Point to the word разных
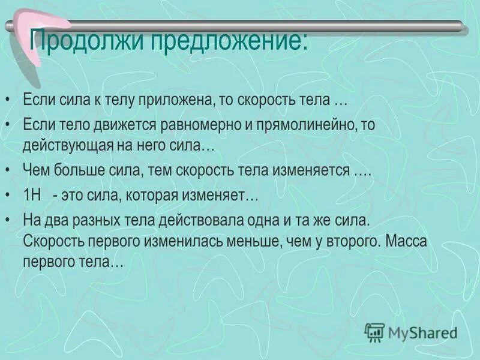(x=92, y=220)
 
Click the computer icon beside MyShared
(x=374, y=331)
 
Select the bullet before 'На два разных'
(x=8, y=221)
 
